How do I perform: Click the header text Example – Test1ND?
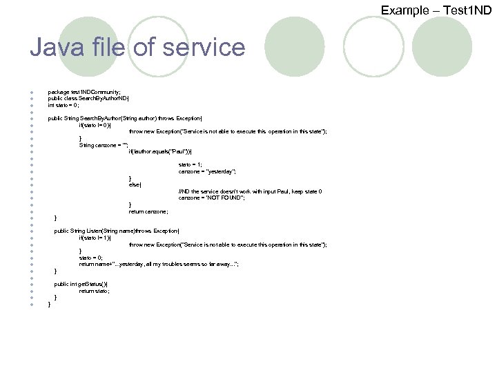coord(436,10)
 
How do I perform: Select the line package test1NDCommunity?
coord(84,92)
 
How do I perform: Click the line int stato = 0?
coord(64,106)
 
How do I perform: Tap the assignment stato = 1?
coord(191,164)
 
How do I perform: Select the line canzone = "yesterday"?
coord(208,171)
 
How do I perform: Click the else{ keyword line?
coord(135,184)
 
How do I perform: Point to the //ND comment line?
coord(250,191)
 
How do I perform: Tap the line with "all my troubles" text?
coord(159,264)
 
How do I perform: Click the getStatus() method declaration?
coord(81,284)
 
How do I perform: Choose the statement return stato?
coord(95,291)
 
